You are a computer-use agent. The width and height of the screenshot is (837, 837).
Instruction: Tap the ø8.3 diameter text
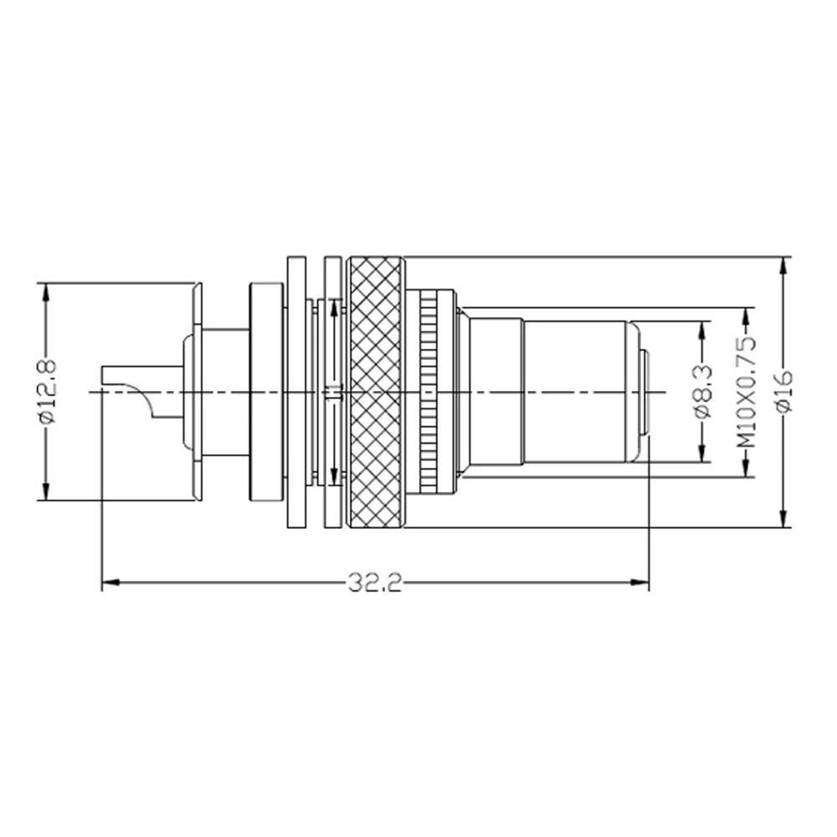click(702, 392)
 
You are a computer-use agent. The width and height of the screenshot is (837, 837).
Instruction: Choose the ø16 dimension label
click(784, 392)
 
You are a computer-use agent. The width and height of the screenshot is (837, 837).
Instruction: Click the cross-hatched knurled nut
click(376, 392)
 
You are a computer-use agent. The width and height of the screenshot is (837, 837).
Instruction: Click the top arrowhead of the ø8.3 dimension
click(702, 327)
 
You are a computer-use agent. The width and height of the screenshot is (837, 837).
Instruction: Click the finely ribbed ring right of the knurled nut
click(429, 392)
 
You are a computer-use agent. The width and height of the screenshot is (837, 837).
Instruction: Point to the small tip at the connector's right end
click(645, 392)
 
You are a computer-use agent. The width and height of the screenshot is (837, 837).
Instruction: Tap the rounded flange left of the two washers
click(267, 392)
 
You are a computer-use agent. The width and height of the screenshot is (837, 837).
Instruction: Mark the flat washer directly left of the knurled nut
click(332, 392)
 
